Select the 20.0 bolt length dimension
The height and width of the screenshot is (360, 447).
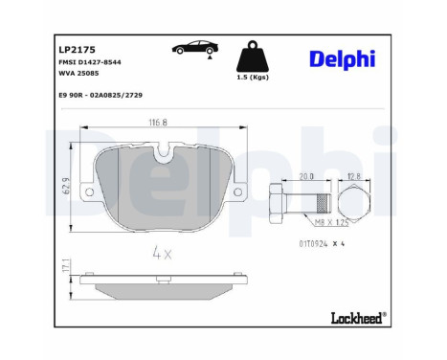pyautogui.click(x=306, y=176)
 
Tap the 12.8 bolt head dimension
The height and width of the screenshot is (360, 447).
pyautogui.click(x=351, y=176)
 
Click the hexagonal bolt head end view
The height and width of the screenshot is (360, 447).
pyautogui.click(x=352, y=202)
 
